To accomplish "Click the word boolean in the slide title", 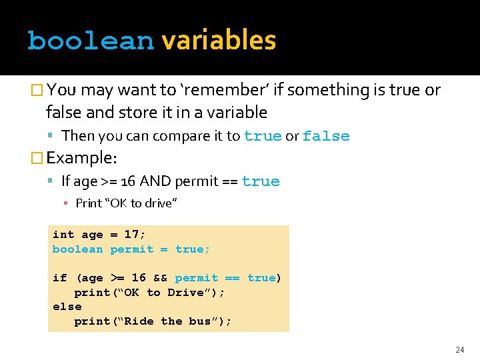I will click(x=91, y=41).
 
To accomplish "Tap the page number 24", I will click(x=459, y=349).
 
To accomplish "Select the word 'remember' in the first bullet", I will click(x=226, y=90).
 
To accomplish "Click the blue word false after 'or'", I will click(x=326, y=136).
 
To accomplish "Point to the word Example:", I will click(x=82, y=158).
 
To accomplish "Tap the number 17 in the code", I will click(x=132, y=235).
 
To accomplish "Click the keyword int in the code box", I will click(x=63, y=235).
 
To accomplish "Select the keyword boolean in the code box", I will click(x=77, y=249).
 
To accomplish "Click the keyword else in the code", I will click(x=67, y=307).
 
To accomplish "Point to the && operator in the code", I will click(x=160, y=278).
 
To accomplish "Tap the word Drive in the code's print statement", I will click(x=186, y=293).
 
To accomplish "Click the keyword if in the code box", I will click(x=59, y=278).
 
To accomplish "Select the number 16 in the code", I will click(x=139, y=278).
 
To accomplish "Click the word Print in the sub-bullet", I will click(x=89, y=203).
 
